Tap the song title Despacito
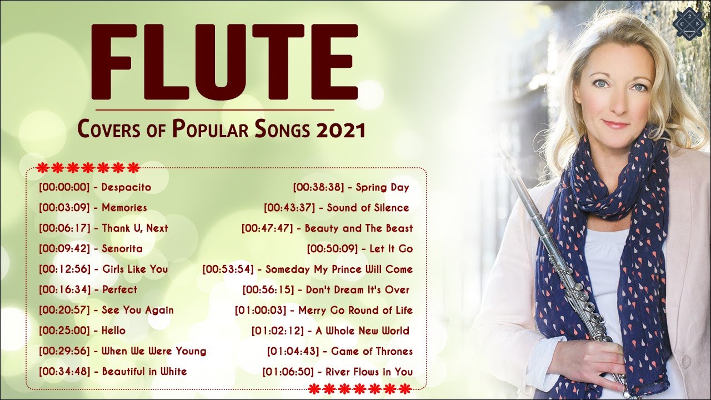(x=126, y=187)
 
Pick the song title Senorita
(x=122, y=248)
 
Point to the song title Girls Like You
(x=135, y=269)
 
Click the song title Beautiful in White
(x=144, y=371)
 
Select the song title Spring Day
(x=382, y=187)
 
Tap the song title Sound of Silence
(x=368, y=208)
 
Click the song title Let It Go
(x=391, y=248)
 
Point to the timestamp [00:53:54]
(x=228, y=269)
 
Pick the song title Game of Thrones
(x=372, y=351)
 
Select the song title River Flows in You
(x=369, y=372)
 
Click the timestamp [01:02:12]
(x=277, y=331)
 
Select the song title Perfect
(x=119, y=289)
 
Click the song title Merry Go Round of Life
(x=355, y=310)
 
